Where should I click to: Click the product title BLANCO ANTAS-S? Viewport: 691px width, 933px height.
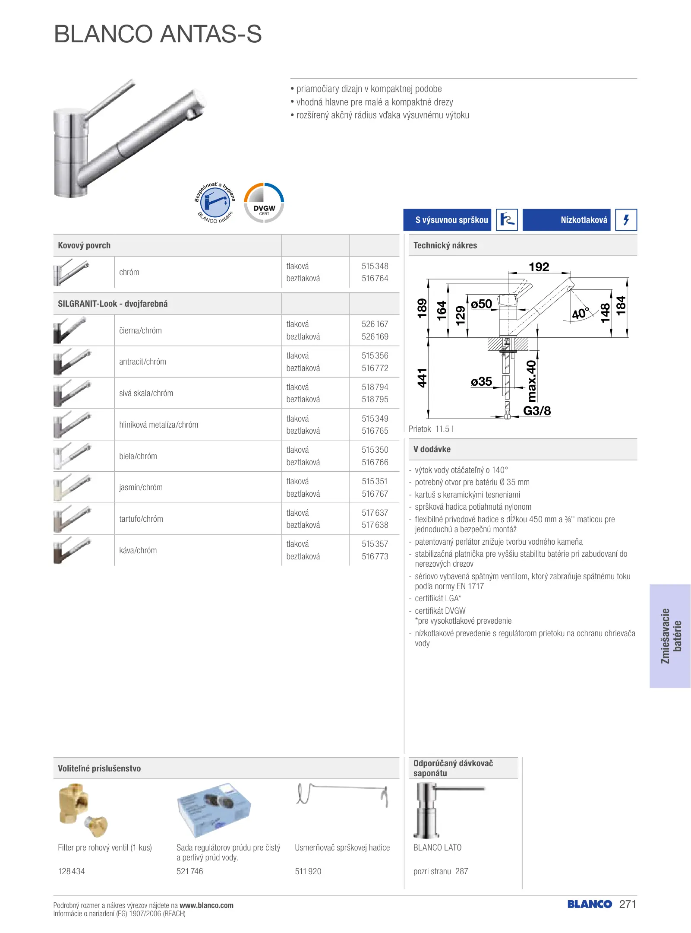click(158, 34)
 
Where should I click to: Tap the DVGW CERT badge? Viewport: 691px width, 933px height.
click(264, 203)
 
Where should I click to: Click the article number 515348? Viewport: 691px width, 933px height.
click(375, 266)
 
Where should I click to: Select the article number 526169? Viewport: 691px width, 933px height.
click(375, 336)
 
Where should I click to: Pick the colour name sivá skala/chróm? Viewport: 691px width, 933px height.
click(146, 393)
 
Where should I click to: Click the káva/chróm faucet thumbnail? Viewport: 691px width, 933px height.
click(72, 550)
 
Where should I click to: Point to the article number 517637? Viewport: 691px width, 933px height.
click(375, 513)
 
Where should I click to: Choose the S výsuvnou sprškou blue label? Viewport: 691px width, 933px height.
click(447, 220)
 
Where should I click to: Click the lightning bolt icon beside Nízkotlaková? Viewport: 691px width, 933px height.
click(626, 220)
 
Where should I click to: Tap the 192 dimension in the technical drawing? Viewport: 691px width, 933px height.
click(539, 267)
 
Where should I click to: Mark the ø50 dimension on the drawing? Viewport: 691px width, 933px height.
click(481, 304)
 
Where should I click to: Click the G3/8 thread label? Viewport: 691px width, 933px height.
click(537, 411)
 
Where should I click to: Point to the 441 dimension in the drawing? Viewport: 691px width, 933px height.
click(422, 378)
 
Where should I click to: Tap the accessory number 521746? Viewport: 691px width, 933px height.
click(189, 871)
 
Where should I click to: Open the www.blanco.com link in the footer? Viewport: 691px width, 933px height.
click(206, 905)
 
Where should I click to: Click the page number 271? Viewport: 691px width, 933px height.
click(628, 904)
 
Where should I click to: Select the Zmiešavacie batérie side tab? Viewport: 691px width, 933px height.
click(670, 636)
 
